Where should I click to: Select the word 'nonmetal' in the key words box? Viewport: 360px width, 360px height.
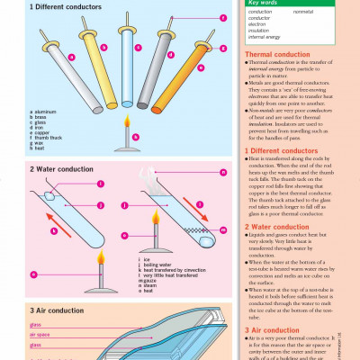303,12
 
